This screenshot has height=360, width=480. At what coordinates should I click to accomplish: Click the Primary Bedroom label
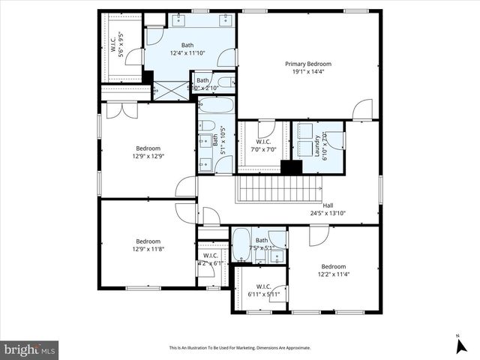307,64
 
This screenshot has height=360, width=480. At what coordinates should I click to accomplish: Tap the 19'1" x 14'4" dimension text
307,73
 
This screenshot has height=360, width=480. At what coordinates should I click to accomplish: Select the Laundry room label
317,139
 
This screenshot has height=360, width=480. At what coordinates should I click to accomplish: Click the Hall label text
328,205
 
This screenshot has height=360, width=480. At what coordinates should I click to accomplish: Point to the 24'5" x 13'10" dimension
328,213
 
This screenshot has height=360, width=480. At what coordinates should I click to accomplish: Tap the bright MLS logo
30,349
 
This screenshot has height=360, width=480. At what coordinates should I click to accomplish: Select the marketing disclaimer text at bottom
240,348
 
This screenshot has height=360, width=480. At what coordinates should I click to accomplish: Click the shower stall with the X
171,90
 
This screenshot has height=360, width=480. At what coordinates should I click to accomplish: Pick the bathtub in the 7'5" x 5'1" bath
241,245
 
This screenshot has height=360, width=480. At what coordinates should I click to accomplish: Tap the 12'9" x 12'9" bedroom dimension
148,156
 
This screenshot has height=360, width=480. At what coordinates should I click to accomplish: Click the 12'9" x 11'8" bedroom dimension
148,249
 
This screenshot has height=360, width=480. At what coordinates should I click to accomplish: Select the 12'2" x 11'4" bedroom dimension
334,274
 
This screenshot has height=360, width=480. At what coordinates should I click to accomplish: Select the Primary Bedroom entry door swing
362,109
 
